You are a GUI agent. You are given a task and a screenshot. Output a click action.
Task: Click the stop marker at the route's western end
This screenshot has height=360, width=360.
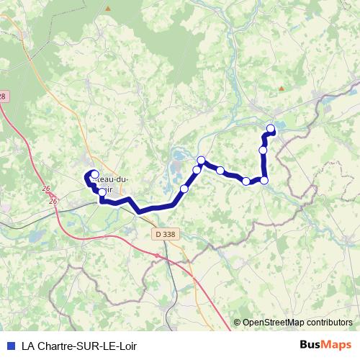(x=94, y=174)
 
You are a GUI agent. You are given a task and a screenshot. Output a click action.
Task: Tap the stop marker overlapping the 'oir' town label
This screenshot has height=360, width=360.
(x=102, y=192)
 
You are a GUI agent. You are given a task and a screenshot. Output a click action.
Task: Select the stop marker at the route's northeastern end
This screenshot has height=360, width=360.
(x=271, y=129)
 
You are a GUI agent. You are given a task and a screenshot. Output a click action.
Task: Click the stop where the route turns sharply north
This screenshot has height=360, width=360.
(x=264, y=180)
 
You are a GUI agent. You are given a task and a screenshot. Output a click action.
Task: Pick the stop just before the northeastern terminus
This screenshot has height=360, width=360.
(x=263, y=150)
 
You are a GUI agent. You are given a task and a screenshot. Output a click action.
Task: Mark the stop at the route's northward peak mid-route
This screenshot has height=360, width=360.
(x=202, y=160)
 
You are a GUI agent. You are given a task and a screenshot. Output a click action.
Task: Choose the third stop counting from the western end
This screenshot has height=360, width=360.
(x=184, y=189)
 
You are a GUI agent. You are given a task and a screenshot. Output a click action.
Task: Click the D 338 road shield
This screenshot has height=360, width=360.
(x=164, y=234)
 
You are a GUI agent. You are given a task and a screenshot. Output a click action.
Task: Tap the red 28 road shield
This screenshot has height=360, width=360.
(x=3, y=96)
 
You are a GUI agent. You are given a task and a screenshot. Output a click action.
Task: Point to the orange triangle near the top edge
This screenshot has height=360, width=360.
(x=108, y=8)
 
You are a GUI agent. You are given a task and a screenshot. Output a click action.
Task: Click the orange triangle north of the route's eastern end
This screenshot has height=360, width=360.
(x=280, y=89)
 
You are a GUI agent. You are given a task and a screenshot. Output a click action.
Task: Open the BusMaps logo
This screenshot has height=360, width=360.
(x=325, y=344)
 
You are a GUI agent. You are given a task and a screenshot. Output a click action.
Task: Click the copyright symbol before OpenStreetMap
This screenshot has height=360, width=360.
(x=238, y=323)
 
